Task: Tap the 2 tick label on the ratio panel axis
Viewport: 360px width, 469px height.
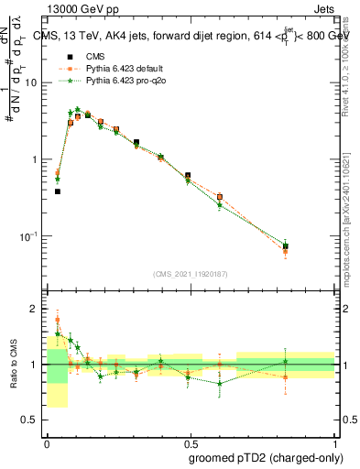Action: pyautogui.click(x=38, y=309)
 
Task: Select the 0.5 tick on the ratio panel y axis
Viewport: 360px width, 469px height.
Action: pyautogui.click(x=34, y=420)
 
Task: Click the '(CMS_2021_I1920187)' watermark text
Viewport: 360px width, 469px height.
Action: pyautogui.click(x=191, y=274)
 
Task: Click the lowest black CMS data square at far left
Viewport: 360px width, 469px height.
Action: pyautogui.click(x=58, y=191)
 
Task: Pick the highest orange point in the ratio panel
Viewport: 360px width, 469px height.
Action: pyautogui.click(x=58, y=321)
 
